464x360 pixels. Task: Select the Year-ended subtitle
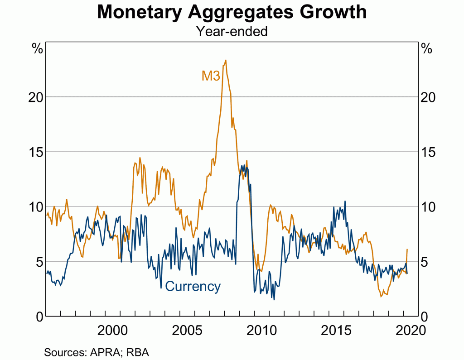pos(232,31)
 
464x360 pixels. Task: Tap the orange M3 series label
pos(211,76)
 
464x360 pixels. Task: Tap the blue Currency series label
pos(193,287)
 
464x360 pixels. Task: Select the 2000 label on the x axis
pos(112,330)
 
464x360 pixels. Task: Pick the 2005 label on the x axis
pos(187,330)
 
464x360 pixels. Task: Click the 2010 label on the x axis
pos(262,330)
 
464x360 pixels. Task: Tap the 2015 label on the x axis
pos(337,330)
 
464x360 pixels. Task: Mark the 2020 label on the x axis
pos(410,330)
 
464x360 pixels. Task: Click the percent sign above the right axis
pos(427,49)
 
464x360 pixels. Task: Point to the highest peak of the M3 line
pos(225,60)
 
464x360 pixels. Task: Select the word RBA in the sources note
pos(139,351)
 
